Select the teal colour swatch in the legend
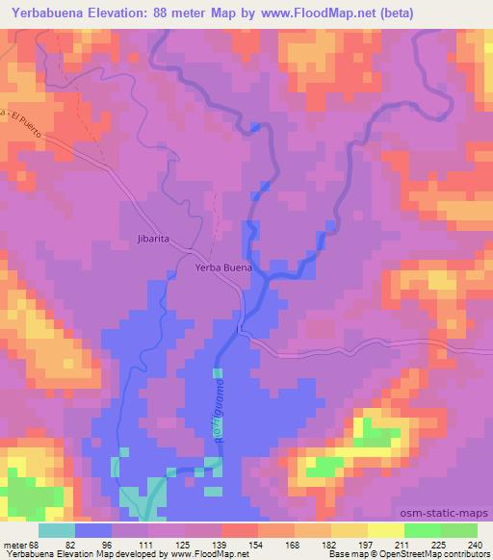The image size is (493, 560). point(57,529)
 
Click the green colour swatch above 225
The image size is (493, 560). point(424,529)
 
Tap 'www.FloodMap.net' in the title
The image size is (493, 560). point(313,13)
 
